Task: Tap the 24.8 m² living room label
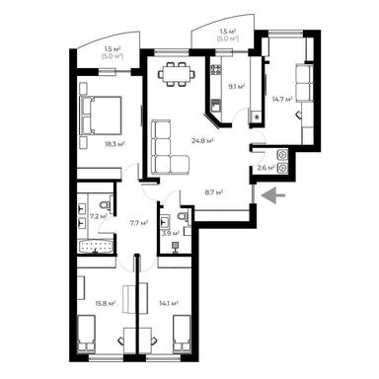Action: [x=204, y=141]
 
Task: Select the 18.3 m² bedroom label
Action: [x=100, y=144]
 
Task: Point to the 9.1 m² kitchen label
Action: [x=236, y=87]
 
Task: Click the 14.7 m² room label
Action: [x=283, y=99]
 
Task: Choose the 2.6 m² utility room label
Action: [x=265, y=168]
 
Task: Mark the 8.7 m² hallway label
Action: [x=211, y=191]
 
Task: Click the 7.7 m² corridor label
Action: [x=138, y=223]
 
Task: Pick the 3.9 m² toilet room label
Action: [x=168, y=233]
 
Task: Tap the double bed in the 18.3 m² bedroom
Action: [x=103, y=114]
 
